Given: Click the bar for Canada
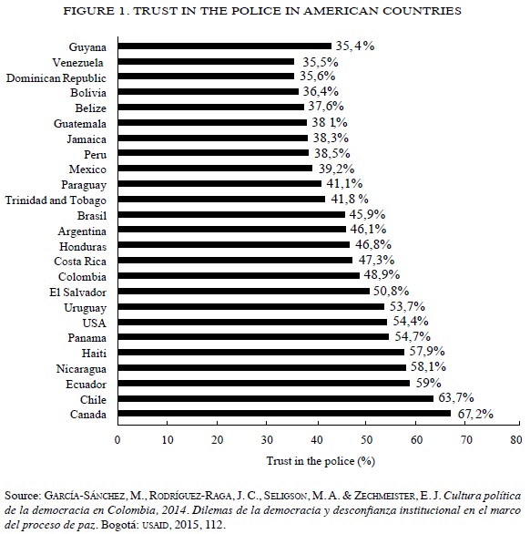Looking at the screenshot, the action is point(284,414).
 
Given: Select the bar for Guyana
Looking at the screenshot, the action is point(225,46).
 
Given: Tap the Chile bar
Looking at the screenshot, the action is point(276,398).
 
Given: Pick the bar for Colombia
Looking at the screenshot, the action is point(239,275).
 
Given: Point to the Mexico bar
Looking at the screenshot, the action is point(215,169).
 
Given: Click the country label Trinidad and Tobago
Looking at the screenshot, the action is point(56,200).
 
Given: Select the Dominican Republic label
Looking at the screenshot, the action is point(56,78).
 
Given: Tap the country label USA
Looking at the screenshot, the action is point(95,323).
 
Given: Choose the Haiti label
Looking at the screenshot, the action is point(94,354).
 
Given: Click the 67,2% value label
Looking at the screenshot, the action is point(475,414).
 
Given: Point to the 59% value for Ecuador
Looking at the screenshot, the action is point(429,383).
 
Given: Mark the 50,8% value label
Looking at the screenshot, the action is point(391,291).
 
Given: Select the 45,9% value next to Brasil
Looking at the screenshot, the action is point(367,214).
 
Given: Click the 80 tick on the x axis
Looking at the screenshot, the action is point(516,440).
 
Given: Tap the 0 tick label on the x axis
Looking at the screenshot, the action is point(117,440).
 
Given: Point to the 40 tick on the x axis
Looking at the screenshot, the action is point(317,440).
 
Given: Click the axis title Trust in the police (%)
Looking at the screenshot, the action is point(321,461).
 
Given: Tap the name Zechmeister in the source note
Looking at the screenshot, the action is point(384,496).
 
